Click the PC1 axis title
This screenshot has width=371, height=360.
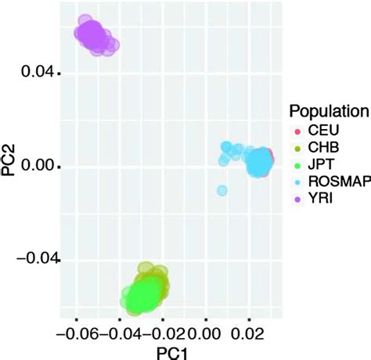pyautogui.click(x=166, y=351)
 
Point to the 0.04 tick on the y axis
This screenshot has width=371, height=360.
pyautogui.click(x=39, y=73)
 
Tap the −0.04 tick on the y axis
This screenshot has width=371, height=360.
pyautogui.click(x=34, y=258)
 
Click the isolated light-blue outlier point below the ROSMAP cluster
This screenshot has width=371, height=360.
pyautogui.click(x=222, y=190)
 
